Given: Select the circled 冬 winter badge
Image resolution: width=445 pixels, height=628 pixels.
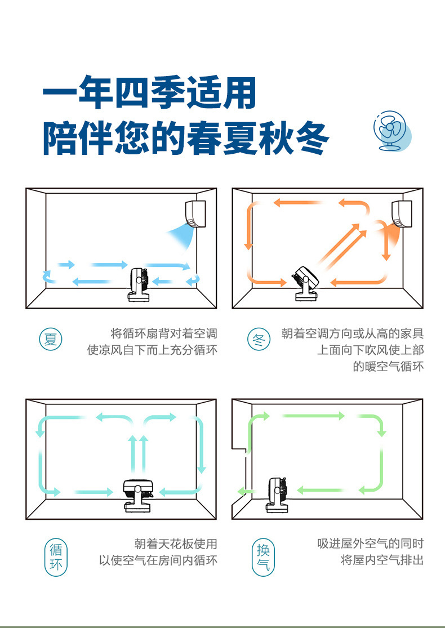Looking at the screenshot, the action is pos(260,340).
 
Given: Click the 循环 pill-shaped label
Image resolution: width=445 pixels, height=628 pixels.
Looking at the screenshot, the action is pos(56,556).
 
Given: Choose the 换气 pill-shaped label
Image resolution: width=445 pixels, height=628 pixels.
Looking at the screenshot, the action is pos(263,556).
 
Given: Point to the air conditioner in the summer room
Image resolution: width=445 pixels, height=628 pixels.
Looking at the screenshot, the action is pos(195,213).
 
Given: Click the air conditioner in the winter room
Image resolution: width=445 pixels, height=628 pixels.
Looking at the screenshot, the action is pos(402,213).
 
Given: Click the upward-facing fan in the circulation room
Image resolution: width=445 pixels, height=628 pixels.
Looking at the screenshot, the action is pos(138,494).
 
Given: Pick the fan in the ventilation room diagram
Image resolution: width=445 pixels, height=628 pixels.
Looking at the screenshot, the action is pos(277,494).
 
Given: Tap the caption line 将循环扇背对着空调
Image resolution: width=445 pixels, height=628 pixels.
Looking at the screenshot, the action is pos(164,333).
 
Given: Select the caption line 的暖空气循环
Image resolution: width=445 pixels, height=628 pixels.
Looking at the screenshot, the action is pos(388,367).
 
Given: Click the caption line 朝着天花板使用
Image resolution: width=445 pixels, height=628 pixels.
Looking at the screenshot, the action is pos(175,544).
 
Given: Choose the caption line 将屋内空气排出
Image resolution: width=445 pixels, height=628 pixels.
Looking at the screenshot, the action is pos(382,560).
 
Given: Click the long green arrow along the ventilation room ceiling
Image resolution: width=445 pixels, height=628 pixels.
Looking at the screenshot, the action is pos(313,416).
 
